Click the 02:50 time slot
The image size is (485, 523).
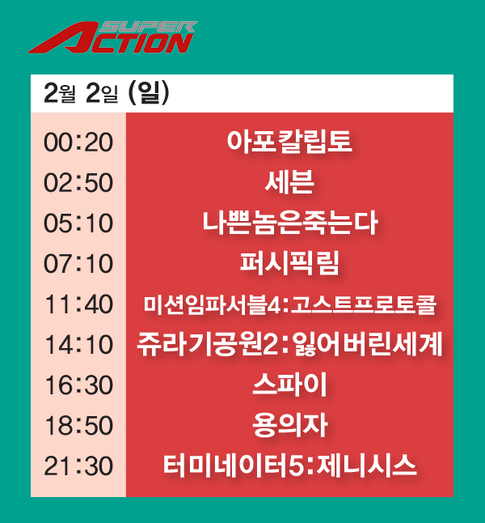click(x=78, y=182)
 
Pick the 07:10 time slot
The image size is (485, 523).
click(x=78, y=263)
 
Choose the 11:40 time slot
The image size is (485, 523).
click(x=78, y=304)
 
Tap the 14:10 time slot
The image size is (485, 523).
click(x=78, y=345)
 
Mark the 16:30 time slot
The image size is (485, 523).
click(x=78, y=385)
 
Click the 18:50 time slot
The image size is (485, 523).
click(x=78, y=426)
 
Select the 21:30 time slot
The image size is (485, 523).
click(x=78, y=466)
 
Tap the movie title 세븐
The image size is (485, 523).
click(x=289, y=182)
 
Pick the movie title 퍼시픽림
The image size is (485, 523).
click(x=289, y=263)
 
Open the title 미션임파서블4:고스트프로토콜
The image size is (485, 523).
click(x=289, y=305)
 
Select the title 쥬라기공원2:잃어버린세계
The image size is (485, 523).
click(x=289, y=346)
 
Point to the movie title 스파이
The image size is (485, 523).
click(x=289, y=385)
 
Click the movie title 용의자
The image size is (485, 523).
click(x=289, y=426)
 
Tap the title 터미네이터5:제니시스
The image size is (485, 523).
click(x=289, y=466)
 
